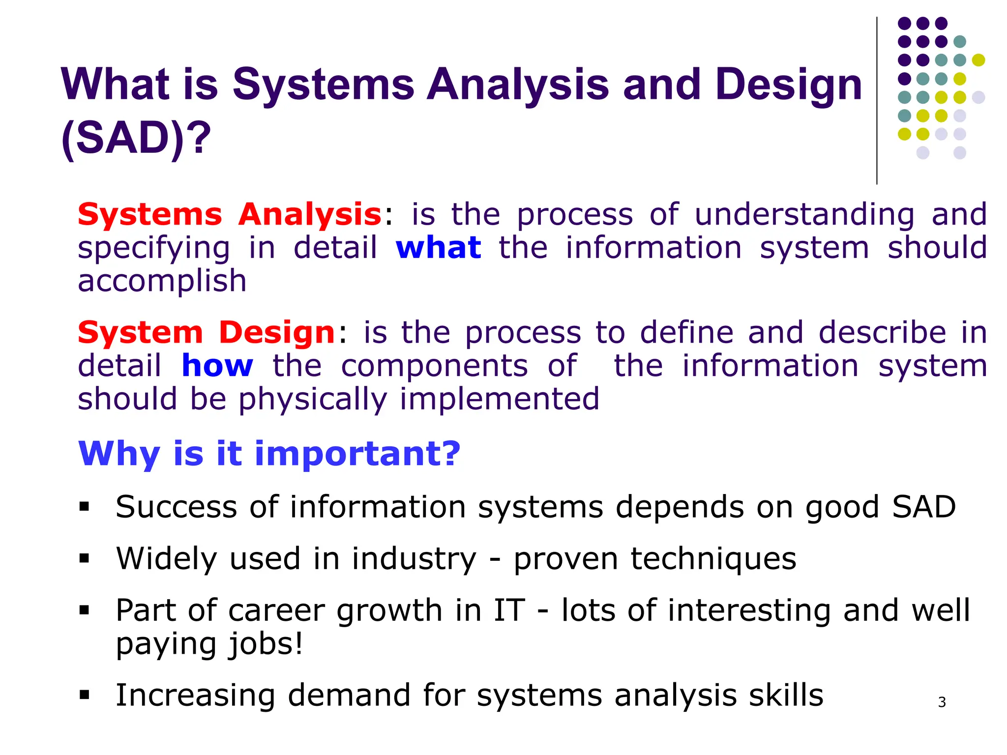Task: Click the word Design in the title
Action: (789, 85)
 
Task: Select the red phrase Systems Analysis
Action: (230, 215)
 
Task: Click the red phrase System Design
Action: (207, 333)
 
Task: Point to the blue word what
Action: (438, 248)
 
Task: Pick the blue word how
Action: (217, 366)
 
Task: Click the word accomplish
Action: (162, 282)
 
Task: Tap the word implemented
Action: (500, 399)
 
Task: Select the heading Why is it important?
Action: (269, 453)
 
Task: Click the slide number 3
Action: (942, 702)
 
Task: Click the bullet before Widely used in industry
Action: (84, 558)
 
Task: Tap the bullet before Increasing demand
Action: (84, 695)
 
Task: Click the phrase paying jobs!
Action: (209, 644)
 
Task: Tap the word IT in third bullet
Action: (509, 610)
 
